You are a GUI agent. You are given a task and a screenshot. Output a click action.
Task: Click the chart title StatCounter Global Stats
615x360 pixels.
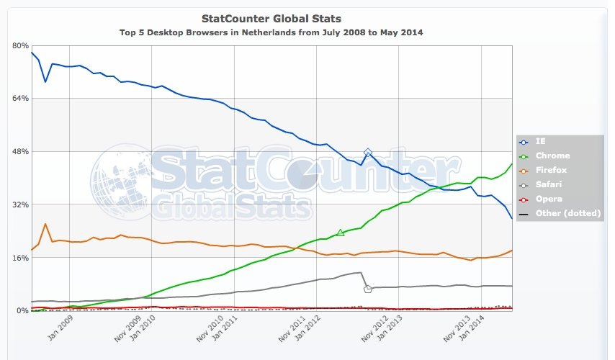(271, 18)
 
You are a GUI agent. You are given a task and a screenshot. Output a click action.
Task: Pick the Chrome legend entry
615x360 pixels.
(552, 156)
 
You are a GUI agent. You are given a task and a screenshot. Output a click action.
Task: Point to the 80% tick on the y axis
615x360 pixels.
(20, 45)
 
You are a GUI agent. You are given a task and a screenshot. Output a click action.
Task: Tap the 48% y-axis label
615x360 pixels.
(20, 152)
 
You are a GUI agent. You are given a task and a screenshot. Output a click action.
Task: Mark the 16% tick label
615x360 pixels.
(20, 258)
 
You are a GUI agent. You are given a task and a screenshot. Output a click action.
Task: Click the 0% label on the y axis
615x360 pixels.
(22, 311)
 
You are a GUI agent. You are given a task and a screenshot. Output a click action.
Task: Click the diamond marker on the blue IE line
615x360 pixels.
(368, 153)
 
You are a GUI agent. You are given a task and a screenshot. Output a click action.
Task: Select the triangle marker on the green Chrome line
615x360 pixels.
(341, 233)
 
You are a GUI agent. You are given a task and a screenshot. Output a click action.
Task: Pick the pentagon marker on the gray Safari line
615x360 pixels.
(368, 289)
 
